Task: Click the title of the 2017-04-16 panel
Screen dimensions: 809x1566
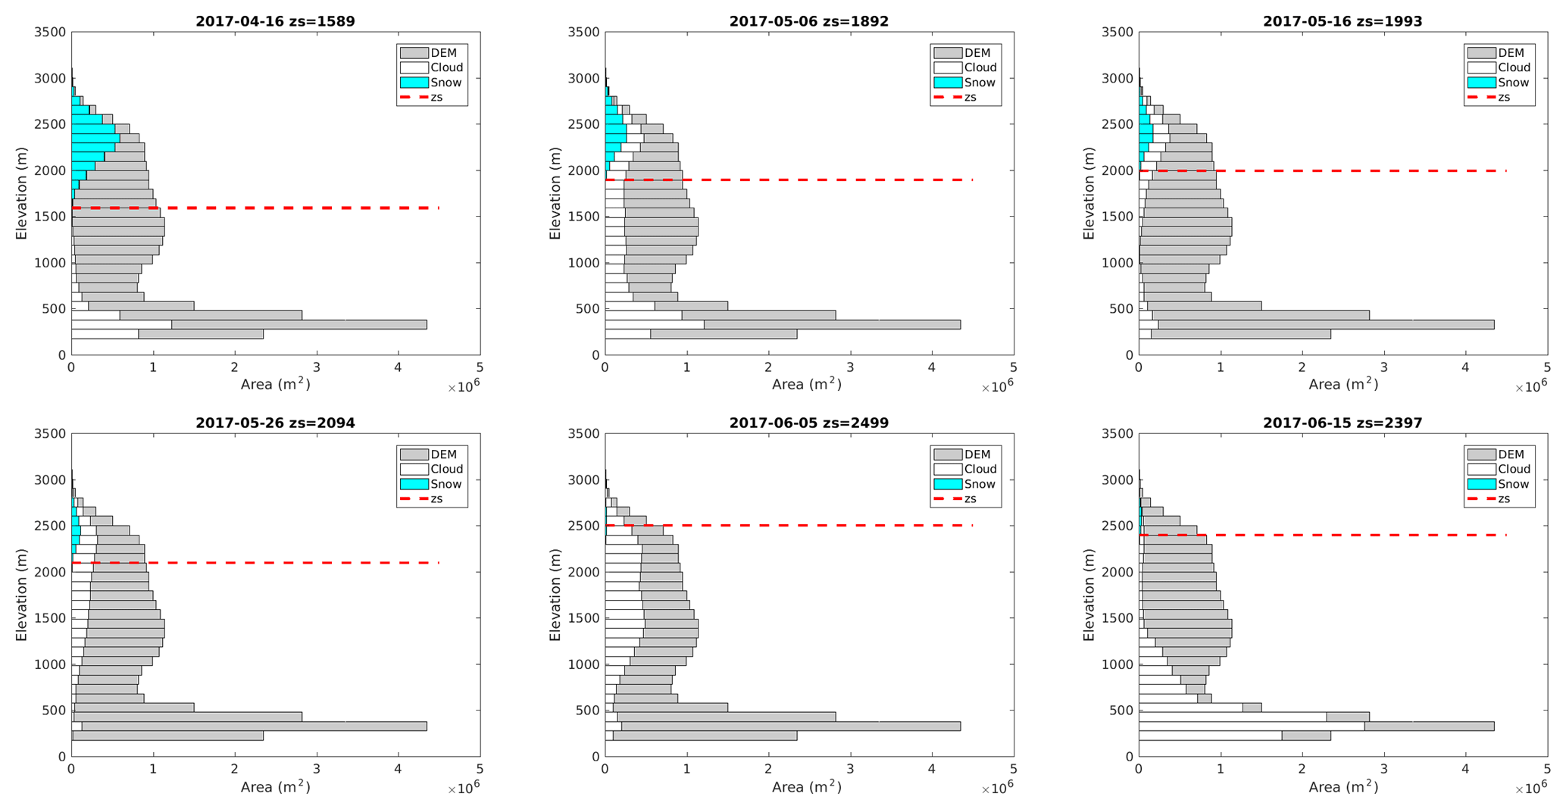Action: (275, 21)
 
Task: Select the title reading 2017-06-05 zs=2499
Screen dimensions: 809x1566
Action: (808, 423)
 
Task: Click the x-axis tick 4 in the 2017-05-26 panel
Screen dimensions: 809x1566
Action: (399, 770)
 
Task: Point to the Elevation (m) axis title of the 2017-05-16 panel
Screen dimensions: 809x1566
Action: (1089, 193)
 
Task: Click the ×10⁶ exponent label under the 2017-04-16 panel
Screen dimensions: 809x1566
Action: (463, 388)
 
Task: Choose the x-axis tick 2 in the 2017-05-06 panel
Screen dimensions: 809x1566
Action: (768, 368)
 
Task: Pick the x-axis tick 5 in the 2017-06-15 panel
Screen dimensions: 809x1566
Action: (1547, 770)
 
